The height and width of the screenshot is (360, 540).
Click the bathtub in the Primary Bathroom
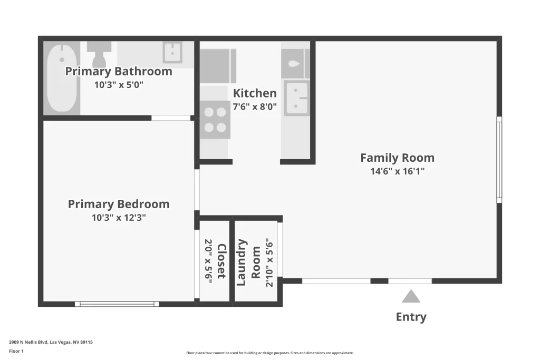pos(62,79)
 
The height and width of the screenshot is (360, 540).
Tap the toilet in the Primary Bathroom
pos(97,53)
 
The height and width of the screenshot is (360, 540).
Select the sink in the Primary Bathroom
pos(172,53)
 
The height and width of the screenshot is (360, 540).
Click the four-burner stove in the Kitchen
pos(215,120)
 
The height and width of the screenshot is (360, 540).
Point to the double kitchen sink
pos(296,98)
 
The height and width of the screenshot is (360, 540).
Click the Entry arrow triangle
pos(411,296)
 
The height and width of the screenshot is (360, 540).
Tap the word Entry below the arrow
pos(411,317)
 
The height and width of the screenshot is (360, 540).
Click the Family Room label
pos(397,158)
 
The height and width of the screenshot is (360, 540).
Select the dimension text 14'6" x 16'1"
pos(397,171)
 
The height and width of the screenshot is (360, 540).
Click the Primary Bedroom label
pos(119,204)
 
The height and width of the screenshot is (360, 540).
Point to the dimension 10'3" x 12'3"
pos(119,217)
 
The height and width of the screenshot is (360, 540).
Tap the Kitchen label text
pos(255,93)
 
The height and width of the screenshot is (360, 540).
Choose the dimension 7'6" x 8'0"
pos(255,106)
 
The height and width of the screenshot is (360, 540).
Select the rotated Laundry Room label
pos(248,262)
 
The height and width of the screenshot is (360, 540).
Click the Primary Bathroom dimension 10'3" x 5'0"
pos(119,84)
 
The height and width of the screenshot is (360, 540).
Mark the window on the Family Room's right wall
pos(499,159)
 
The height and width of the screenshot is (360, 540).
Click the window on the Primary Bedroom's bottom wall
pos(117,304)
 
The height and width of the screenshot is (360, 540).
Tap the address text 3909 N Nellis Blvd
pos(51,342)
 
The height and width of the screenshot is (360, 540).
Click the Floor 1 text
pos(17,351)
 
